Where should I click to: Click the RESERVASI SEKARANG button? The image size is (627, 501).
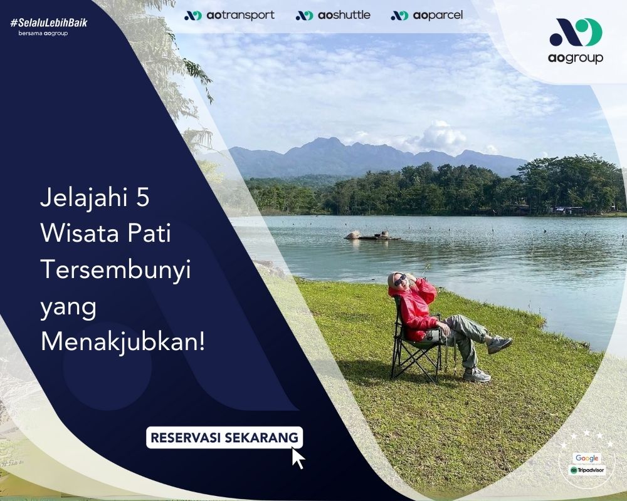tap(224, 438)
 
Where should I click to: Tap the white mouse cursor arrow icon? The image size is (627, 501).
tap(298, 458)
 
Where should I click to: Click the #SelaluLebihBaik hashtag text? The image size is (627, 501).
tap(49, 23)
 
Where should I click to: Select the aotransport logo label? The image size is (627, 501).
tap(229, 16)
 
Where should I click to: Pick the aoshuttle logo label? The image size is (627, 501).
tap(333, 16)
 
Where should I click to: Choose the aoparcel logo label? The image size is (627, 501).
tap(426, 16)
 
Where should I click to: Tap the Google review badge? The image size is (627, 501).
tap(587, 458)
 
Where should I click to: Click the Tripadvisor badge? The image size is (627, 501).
tap(587, 470)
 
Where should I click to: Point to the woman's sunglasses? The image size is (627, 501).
tap(400, 280)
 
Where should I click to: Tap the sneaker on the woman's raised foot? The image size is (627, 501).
tap(500, 344)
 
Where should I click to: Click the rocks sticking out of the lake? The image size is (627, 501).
tap(372, 235)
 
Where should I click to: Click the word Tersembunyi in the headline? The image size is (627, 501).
tap(116, 271)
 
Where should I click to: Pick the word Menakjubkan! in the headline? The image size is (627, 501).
tap(123, 343)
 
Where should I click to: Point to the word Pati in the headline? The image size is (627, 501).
tap(149, 234)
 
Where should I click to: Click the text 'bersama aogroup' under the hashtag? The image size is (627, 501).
tap(43, 34)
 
